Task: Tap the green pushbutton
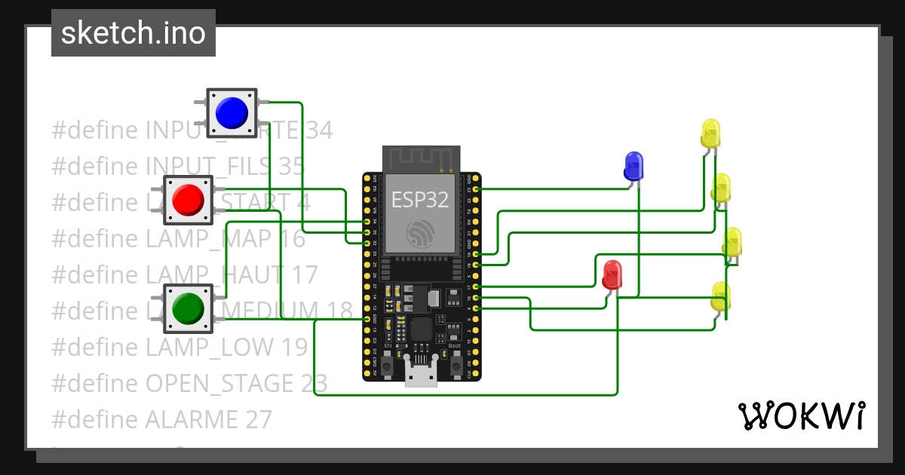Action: pyautogui.click(x=188, y=308)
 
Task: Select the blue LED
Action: pyautogui.click(x=633, y=164)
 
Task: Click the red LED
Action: pyautogui.click(x=612, y=274)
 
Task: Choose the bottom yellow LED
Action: pyautogui.click(x=721, y=296)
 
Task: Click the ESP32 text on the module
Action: pyautogui.click(x=420, y=200)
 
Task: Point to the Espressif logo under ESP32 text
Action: pyautogui.click(x=420, y=234)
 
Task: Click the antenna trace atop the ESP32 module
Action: pyautogui.click(x=420, y=158)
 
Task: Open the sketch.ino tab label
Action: pyautogui.click(x=133, y=33)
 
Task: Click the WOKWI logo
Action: pyautogui.click(x=801, y=415)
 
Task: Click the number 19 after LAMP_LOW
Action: pyautogui.click(x=292, y=347)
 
